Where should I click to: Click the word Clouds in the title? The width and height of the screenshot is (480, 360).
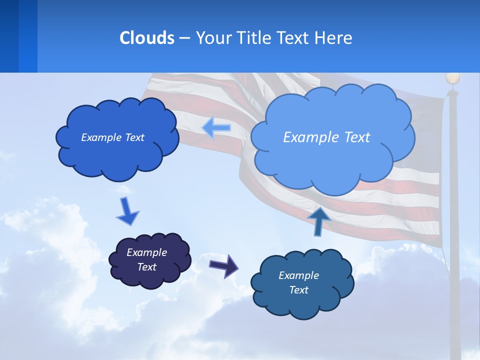click(147, 38)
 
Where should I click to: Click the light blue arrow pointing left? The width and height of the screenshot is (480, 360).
click(216, 127)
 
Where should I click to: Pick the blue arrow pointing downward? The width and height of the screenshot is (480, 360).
click(127, 211)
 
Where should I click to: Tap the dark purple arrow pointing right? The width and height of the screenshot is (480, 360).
click(223, 265)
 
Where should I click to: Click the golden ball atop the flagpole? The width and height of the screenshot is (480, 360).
click(452, 78)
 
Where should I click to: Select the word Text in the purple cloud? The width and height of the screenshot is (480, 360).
click(147, 267)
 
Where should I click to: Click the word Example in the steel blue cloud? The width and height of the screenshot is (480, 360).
click(298, 275)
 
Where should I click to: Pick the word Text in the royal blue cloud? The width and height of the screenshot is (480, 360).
click(134, 137)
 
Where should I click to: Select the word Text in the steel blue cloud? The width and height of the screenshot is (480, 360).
click(298, 290)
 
